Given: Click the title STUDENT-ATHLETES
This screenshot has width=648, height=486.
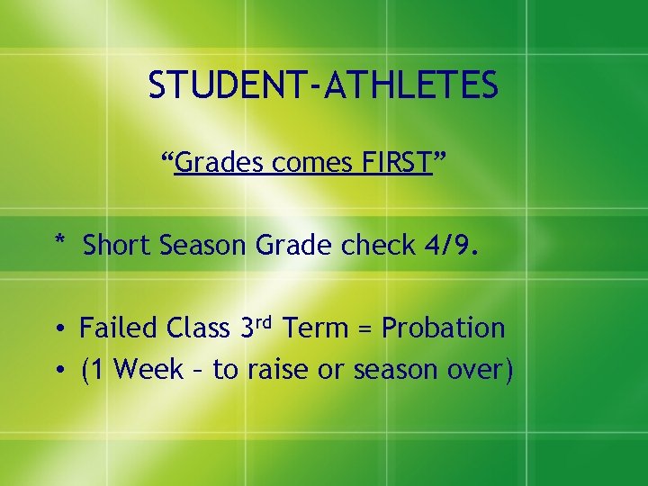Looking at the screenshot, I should (x=322, y=85).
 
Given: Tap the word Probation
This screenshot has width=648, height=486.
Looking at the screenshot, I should (x=443, y=328).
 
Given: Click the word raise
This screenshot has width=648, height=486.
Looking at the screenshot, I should (x=274, y=369).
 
